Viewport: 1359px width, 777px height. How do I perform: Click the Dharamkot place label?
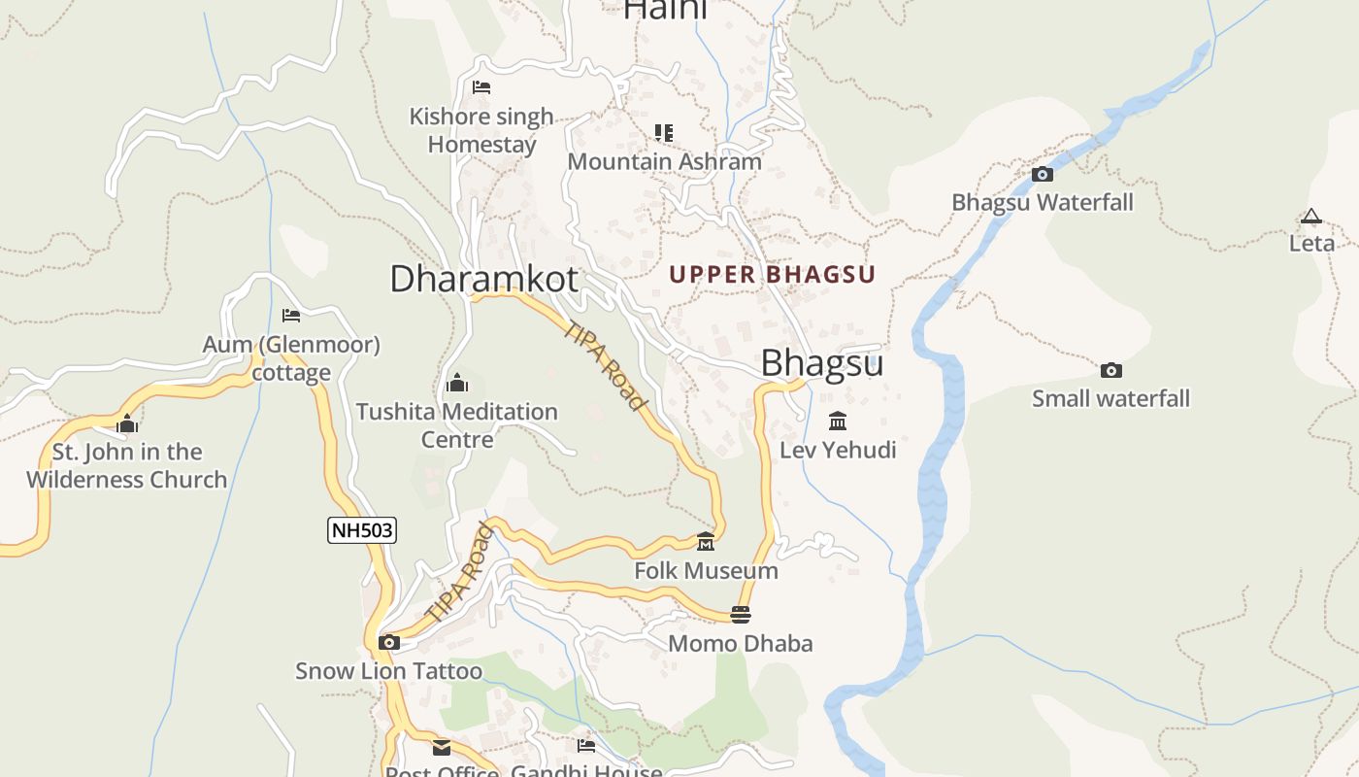tap(483, 279)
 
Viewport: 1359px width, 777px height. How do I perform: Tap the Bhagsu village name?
tap(821, 362)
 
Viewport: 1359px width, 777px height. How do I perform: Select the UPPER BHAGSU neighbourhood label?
tap(772, 275)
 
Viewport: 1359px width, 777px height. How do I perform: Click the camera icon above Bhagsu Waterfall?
tap(1043, 175)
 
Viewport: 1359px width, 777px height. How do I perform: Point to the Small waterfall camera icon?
tap(1111, 370)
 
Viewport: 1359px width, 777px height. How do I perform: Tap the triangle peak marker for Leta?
tap(1311, 217)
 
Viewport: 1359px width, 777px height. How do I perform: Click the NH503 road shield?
tap(363, 530)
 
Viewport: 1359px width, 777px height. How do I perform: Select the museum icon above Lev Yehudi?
tap(838, 422)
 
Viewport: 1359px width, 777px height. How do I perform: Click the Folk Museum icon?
tap(706, 541)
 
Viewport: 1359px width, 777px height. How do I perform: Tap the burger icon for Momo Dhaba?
tap(741, 614)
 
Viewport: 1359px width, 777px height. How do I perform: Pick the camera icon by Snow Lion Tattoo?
tap(389, 642)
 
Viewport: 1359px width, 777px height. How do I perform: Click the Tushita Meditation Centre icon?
tap(457, 383)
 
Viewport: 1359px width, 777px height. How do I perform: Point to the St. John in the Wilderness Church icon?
tap(127, 423)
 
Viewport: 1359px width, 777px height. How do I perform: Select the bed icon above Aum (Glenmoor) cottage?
tap(291, 315)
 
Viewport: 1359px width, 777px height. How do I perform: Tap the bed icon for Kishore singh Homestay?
tap(481, 87)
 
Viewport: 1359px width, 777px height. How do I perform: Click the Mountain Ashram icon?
tap(664, 132)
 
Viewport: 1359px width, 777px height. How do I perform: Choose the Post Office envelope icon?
tap(442, 747)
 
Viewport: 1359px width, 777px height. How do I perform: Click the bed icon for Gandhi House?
tap(586, 746)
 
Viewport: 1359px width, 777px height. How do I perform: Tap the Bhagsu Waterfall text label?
tap(1043, 203)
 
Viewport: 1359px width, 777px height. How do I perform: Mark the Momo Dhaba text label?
tap(741, 643)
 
